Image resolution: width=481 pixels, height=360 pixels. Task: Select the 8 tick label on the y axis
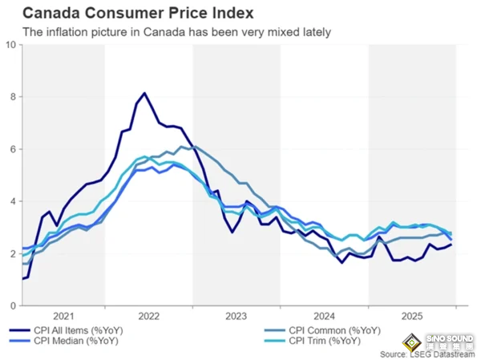pos(12,97)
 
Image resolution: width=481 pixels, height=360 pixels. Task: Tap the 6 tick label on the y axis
pos(12,149)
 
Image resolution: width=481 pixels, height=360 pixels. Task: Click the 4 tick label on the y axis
pos(12,201)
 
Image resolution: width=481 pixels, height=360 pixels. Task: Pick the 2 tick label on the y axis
pos(12,254)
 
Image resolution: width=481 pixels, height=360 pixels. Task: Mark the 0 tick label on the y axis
pos(12,306)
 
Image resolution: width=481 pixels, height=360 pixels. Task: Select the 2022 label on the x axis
pos(148,316)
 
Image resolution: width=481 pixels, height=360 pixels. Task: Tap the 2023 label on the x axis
pos(236,316)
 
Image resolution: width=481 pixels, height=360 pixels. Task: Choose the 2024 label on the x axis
pos(324,316)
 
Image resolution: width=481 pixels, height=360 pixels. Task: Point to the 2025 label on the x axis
pos(411,316)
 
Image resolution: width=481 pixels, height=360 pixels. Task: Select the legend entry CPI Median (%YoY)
pos(72,341)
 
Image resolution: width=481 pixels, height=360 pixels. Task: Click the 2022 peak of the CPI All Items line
pos(144,93)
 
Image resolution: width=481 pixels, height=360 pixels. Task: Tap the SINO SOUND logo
pos(446,338)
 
